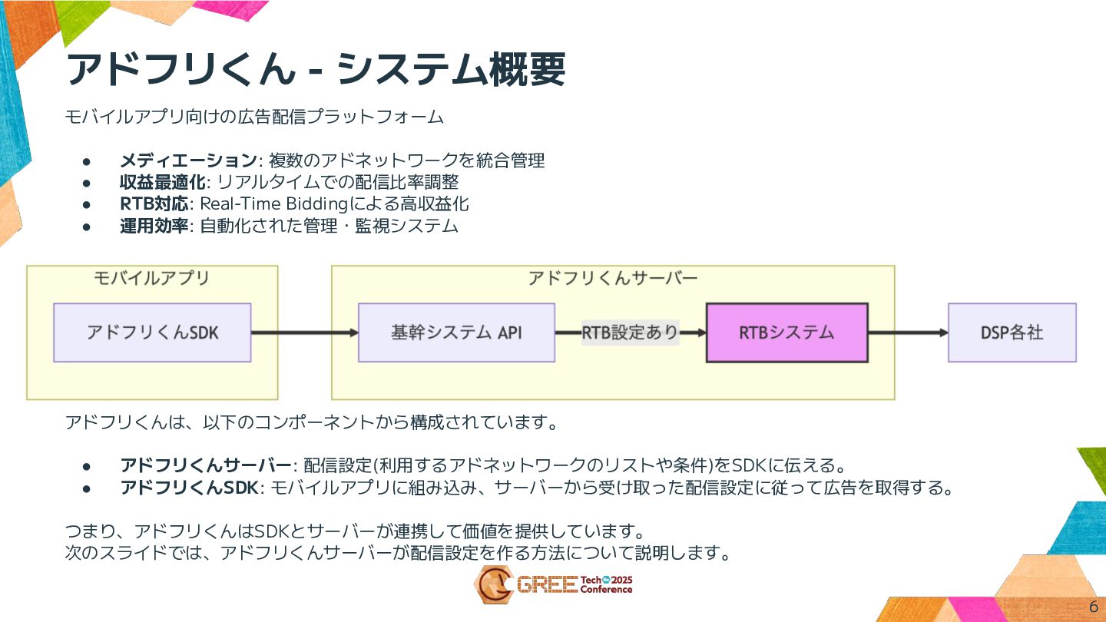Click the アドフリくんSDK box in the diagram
pos(152,333)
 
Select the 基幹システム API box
pos(456,333)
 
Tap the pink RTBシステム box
pos(786,333)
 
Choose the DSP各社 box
pos(1012,333)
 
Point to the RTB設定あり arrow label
pos(630,333)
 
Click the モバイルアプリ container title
pos(151,278)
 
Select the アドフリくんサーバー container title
pos(612,278)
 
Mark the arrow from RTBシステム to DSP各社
pos(908,333)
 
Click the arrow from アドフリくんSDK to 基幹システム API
pos(304,333)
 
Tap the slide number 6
pos(1094,605)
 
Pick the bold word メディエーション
pos(188,160)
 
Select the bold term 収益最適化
pos(163,182)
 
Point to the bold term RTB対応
pos(154,203)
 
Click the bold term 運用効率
pos(154,226)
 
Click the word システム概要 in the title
pos(451,69)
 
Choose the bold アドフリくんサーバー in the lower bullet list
pos(206,465)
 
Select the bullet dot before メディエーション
pos(88,161)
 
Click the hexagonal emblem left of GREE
pos(492,585)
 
